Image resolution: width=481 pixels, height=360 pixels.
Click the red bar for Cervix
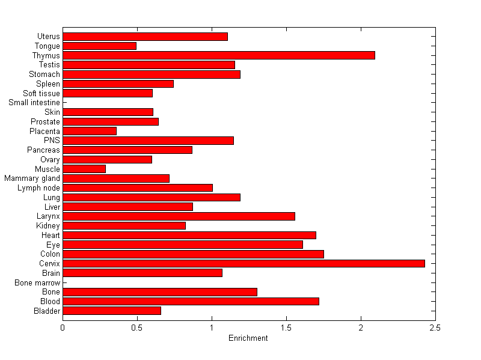(244, 263)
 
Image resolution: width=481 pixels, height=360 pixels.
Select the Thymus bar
(219, 55)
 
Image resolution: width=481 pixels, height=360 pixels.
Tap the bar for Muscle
(84, 169)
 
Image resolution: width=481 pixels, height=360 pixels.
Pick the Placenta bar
(90, 131)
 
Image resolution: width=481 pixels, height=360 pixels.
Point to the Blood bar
(191, 301)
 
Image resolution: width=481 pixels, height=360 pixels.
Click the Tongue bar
(99, 46)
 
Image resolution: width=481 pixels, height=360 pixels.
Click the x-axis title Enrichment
(248, 338)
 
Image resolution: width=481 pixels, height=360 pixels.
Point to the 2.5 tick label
(435, 328)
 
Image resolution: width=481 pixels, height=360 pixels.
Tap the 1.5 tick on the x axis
(286, 328)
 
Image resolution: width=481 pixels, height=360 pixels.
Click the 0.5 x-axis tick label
(137, 328)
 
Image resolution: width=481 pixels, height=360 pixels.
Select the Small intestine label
(34, 103)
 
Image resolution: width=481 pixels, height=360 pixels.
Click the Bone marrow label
(38, 282)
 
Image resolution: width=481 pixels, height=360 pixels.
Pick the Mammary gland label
(32, 178)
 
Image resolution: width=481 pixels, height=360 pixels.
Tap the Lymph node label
(39, 188)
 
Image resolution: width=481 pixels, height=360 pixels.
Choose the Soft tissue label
(41, 93)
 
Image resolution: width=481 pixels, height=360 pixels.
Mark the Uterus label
(49, 37)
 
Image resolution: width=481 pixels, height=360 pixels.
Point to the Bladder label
(47, 311)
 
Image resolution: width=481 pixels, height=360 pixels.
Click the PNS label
(52, 141)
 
